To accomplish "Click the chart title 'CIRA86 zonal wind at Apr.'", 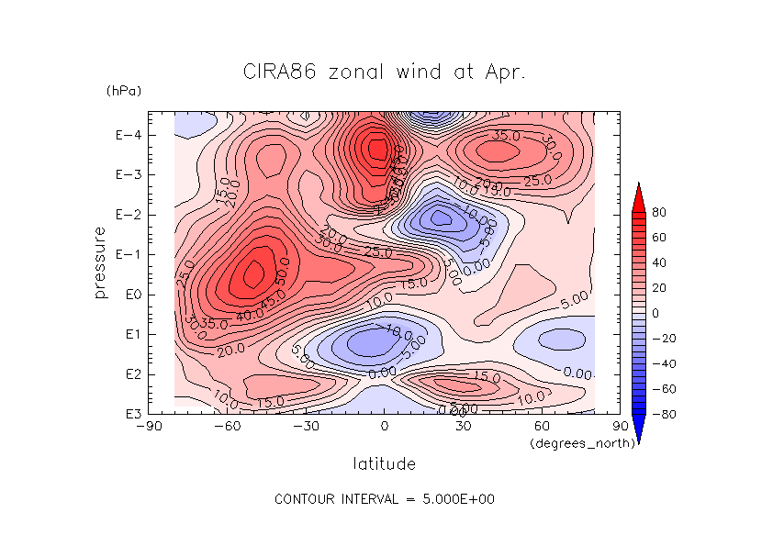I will (x=384, y=72).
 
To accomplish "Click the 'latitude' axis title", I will (x=384, y=464).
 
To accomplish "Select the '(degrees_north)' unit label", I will (x=576, y=443).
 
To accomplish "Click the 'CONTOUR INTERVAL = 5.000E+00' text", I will (x=386, y=499).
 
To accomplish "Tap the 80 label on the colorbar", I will (x=659, y=212).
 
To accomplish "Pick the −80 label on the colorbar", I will (x=663, y=414).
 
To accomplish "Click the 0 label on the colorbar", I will (x=656, y=313).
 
